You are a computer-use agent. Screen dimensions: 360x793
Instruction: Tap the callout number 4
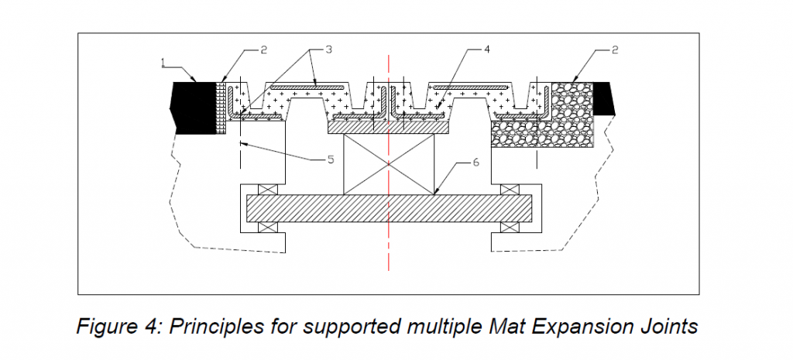(487, 50)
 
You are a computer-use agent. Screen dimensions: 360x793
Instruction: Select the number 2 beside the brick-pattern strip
(263, 50)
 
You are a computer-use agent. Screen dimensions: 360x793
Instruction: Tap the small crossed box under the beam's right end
(510, 228)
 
